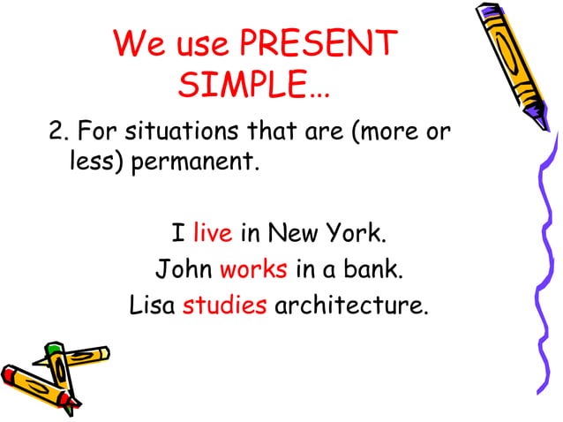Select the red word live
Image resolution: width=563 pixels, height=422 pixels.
(x=212, y=234)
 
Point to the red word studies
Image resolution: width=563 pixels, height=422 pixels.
(x=224, y=305)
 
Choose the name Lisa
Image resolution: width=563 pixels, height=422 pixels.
(x=151, y=305)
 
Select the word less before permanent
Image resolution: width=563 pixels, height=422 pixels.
(x=92, y=163)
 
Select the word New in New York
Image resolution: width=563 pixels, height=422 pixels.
(x=295, y=234)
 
